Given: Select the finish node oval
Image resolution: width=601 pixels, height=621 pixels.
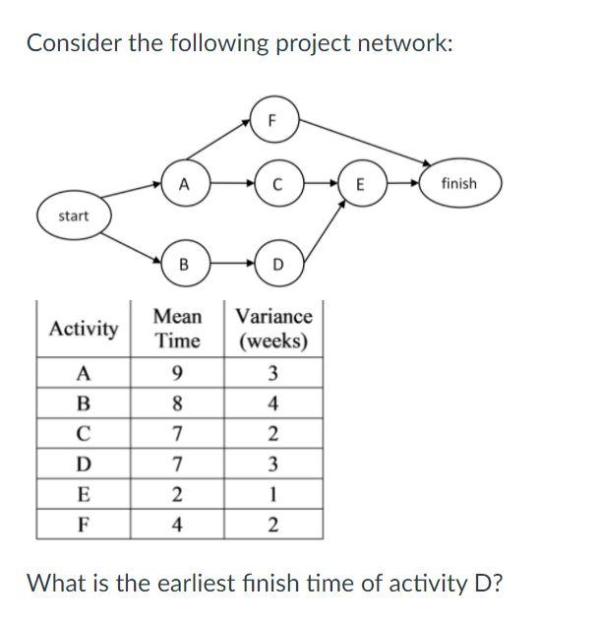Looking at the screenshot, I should (x=458, y=183).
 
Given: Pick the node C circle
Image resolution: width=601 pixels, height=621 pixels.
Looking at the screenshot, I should (x=277, y=183).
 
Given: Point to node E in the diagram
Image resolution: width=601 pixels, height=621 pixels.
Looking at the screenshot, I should (x=361, y=183).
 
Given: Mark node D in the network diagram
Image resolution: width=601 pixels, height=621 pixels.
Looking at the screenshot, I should (x=277, y=265).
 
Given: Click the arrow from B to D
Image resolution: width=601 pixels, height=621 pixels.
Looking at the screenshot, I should (x=230, y=265).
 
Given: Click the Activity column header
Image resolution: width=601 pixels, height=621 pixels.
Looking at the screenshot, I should (x=84, y=329).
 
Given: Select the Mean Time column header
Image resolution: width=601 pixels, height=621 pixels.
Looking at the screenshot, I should (x=177, y=329).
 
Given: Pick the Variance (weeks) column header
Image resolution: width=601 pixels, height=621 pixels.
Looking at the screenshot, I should (x=273, y=329).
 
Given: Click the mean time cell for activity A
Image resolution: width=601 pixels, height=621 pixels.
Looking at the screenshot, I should (x=177, y=373).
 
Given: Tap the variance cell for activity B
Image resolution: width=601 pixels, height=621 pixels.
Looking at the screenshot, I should (x=273, y=402).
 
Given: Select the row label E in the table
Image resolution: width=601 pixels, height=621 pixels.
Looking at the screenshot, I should (x=84, y=493).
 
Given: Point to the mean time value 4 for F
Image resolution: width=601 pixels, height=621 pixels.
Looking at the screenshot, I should (x=177, y=523).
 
